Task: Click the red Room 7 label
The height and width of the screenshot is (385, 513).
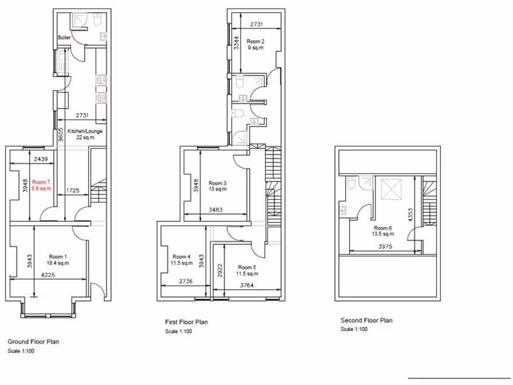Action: tap(42, 182)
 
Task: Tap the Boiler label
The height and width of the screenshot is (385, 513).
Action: tap(64, 38)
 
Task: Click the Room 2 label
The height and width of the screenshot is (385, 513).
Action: tap(255, 41)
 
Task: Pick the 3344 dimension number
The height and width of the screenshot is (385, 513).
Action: tap(236, 44)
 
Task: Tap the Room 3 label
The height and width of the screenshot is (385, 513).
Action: tap(218, 183)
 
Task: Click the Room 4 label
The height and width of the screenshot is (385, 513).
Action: tap(182, 257)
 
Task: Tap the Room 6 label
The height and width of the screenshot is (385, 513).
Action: tap(383, 228)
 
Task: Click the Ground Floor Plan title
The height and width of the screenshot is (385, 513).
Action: tap(33, 342)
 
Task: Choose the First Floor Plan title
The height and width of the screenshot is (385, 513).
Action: tap(186, 322)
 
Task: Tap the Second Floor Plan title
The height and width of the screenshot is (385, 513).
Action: tap(367, 320)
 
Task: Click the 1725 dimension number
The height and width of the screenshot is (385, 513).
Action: tap(73, 190)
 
